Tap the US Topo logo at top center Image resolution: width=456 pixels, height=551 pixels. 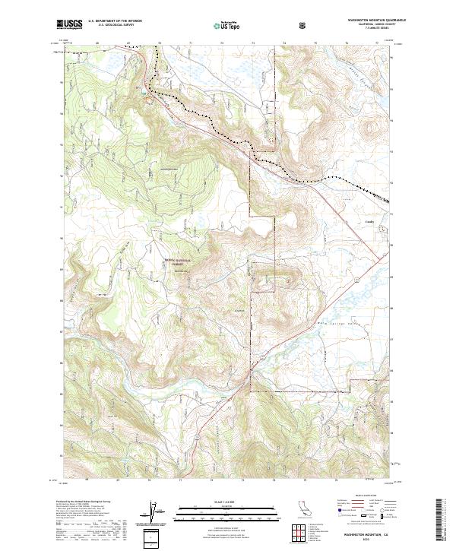[227, 25]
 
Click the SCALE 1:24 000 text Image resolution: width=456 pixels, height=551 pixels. [227, 502]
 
